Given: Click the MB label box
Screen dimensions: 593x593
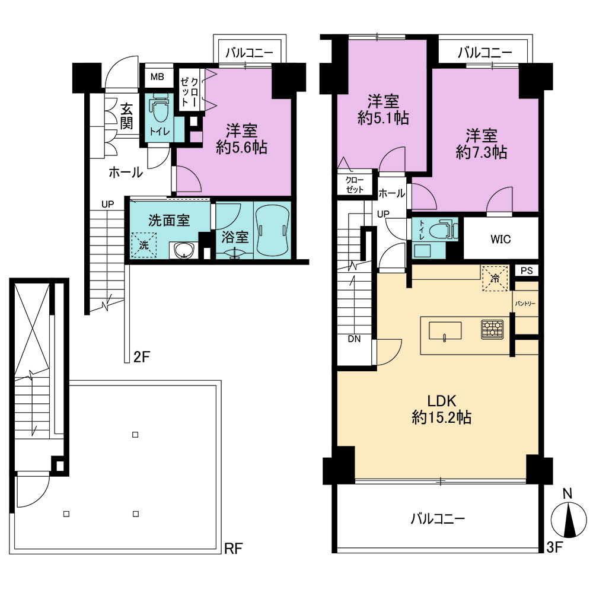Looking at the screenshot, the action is tap(157, 77).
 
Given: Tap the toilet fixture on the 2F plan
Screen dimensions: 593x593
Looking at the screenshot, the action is tap(160, 109).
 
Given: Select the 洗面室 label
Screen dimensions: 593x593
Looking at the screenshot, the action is tap(168, 220).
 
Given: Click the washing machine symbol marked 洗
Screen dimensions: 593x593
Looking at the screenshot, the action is tap(144, 245).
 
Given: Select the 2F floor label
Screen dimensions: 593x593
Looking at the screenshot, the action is tap(142, 356).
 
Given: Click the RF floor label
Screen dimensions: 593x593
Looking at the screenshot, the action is tap(233, 549).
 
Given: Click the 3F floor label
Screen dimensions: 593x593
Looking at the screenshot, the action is tap(555, 547).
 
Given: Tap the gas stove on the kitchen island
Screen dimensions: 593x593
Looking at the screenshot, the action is tap(492, 329).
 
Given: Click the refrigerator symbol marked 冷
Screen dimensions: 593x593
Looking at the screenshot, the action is tap(495, 279).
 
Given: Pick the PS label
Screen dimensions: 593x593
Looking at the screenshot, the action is tap(527, 270).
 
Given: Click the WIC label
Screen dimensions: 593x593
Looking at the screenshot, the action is tap(500, 239).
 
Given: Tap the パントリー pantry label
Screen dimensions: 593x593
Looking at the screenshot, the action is tap(525, 303).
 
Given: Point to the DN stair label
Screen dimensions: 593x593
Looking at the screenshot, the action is tap(355, 339).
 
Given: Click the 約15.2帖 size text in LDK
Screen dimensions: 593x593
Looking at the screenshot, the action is tap(441, 417).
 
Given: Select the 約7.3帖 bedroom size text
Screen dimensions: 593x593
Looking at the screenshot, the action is tap(482, 152).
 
